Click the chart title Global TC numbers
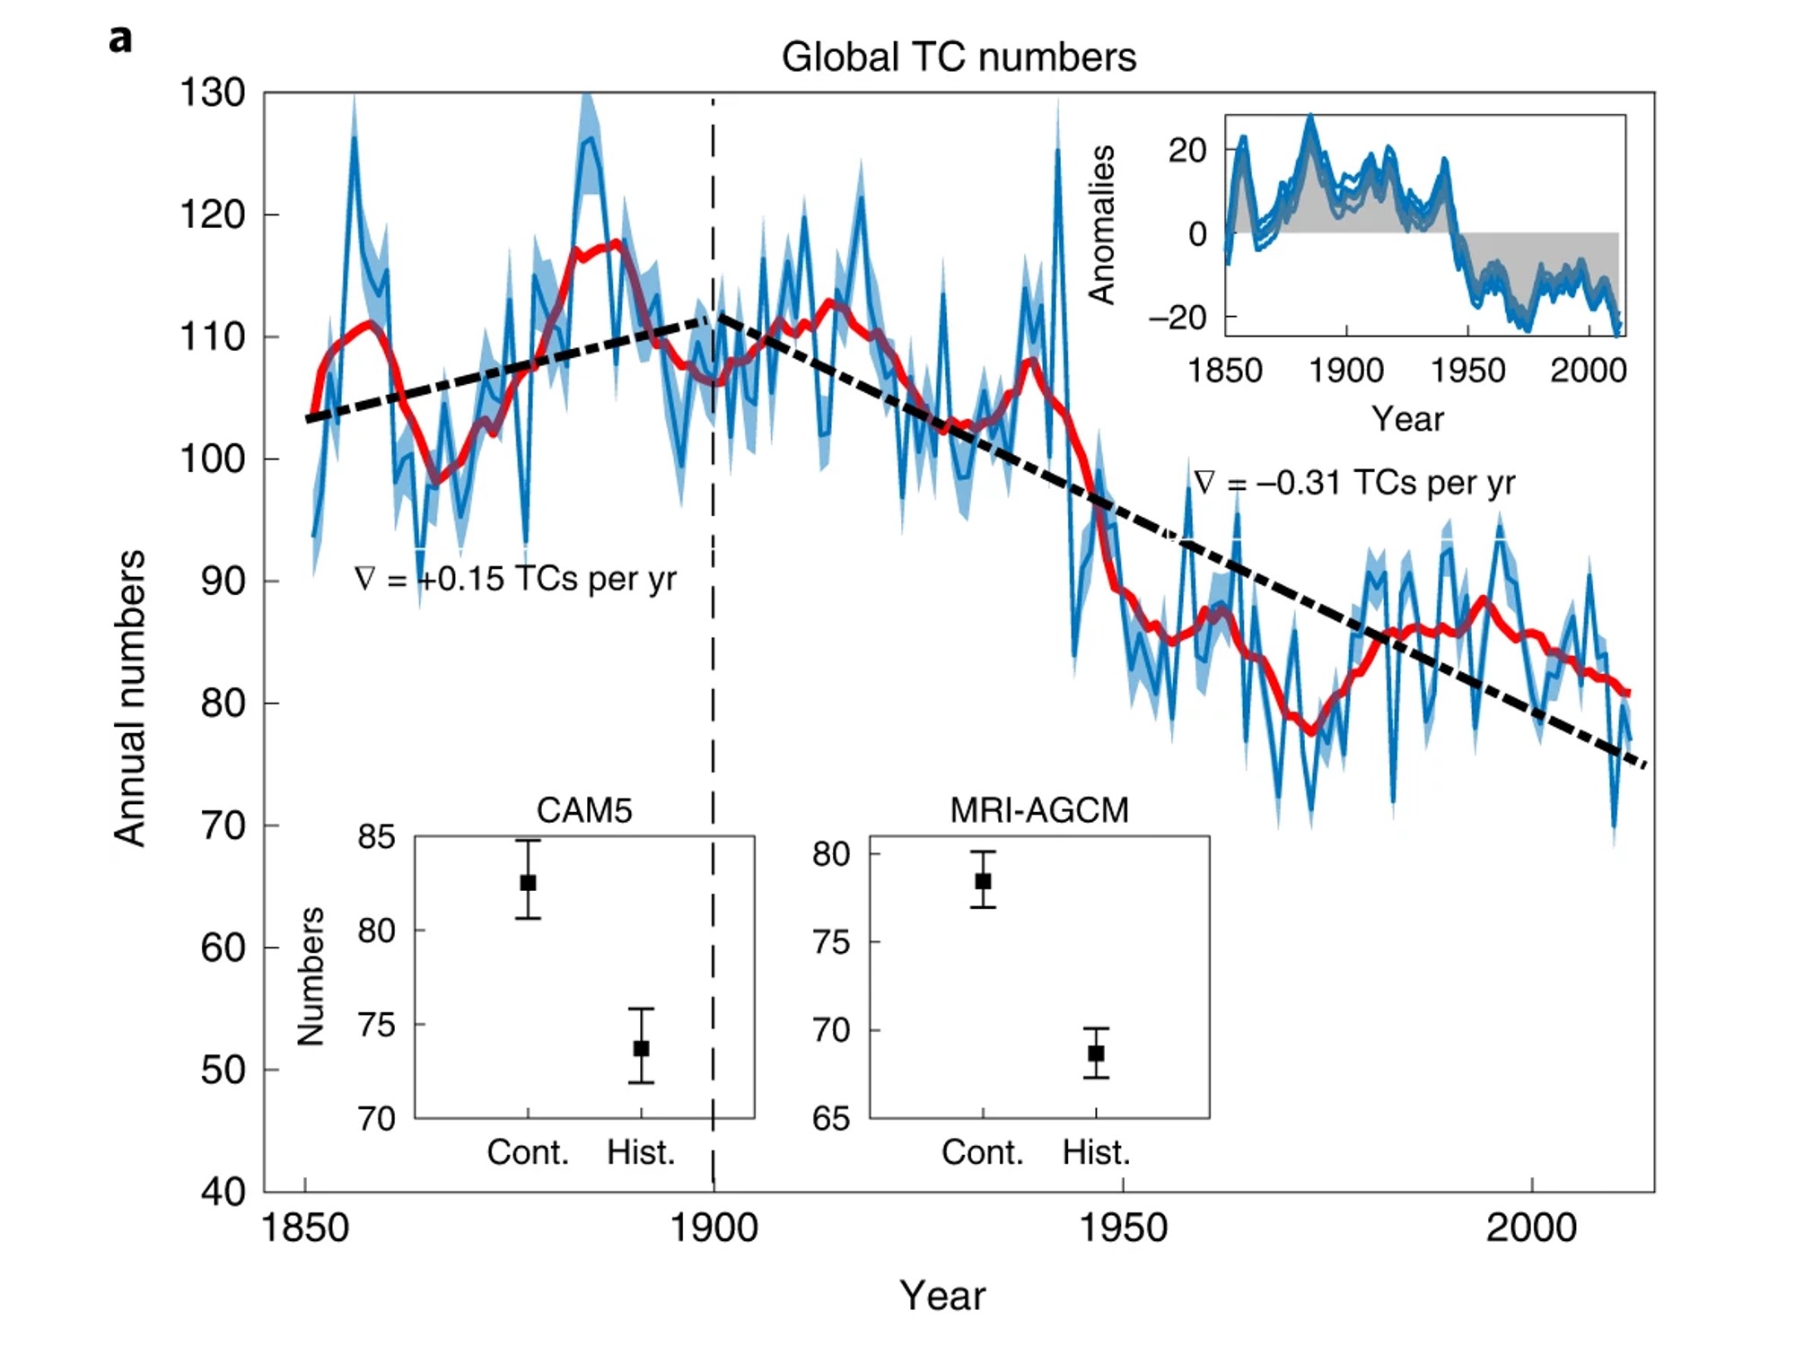click(x=959, y=57)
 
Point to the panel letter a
click(x=120, y=40)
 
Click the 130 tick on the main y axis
click(x=213, y=93)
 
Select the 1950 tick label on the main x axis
click(x=1123, y=1228)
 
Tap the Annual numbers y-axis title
click(x=130, y=698)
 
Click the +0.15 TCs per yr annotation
click(x=516, y=579)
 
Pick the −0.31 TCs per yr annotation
click(x=1355, y=483)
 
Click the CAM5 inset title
click(x=584, y=810)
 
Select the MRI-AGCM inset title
click(x=1039, y=810)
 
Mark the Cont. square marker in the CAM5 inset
click(x=529, y=883)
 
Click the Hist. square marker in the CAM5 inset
click(x=641, y=1048)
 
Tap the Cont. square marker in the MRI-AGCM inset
click(x=984, y=881)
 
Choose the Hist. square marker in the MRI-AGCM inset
click(x=1096, y=1053)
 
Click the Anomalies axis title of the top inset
click(x=1102, y=225)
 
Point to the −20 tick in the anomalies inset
click(x=1178, y=318)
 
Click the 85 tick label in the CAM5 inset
click(x=376, y=837)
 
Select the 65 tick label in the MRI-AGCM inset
click(x=831, y=1119)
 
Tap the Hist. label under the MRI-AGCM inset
click(x=1096, y=1152)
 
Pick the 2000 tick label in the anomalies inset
click(x=1588, y=371)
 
